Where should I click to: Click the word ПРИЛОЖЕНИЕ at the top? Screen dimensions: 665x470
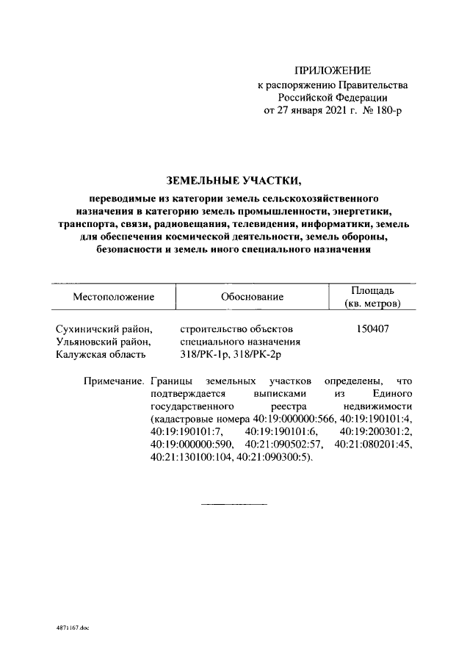pos(333,71)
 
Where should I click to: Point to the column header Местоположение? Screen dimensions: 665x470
pos(113,297)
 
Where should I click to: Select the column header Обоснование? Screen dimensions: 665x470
pos(251,297)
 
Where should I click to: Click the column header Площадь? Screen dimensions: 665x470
pos(372,290)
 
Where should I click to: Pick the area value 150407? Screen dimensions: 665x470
pos(372,328)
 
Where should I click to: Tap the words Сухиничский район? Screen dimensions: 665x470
pos(104,328)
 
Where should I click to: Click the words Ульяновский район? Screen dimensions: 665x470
pos(104,342)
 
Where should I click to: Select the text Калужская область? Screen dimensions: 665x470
pos(101,355)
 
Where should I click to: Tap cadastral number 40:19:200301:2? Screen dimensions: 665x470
pos(377,431)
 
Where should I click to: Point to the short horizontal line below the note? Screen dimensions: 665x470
pos(234,505)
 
